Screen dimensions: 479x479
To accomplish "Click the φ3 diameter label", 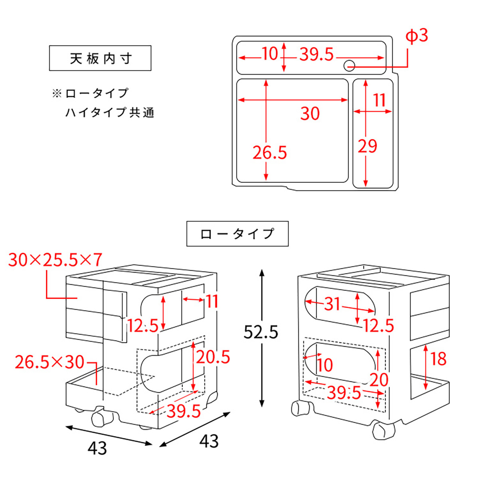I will [x=417, y=36].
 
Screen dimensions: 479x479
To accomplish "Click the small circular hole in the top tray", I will [x=349, y=65].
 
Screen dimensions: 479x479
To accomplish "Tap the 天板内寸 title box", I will [x=100, y=58].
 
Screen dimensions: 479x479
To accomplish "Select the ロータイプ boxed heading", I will [x=238, y=234].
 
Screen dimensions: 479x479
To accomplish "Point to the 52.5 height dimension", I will [x=261, y=332].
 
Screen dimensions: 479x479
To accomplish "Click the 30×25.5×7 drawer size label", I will [x=55, y=260].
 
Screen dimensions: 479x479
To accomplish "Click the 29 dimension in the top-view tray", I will [x=367, y=146].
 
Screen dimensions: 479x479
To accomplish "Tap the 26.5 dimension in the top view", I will [x=270, y=152].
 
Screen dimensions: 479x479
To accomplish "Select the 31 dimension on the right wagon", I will [x=332, y=304].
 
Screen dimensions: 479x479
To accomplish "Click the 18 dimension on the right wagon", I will [x=438, y=358].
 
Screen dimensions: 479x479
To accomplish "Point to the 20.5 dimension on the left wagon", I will [x=213, y=357].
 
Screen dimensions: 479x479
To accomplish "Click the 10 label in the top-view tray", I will [x=270, y=53].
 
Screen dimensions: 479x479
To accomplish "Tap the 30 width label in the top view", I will [x=310, y=114].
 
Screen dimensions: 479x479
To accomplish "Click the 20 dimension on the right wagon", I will [x=379, y=380].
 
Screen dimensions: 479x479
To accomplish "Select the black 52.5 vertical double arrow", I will [x=262, y=295].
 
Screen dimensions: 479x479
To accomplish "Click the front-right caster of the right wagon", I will [x=384, y=431].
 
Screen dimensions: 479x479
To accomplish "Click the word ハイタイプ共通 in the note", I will [x=110, y=113].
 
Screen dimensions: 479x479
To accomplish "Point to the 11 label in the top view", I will [x=380, y=100].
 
